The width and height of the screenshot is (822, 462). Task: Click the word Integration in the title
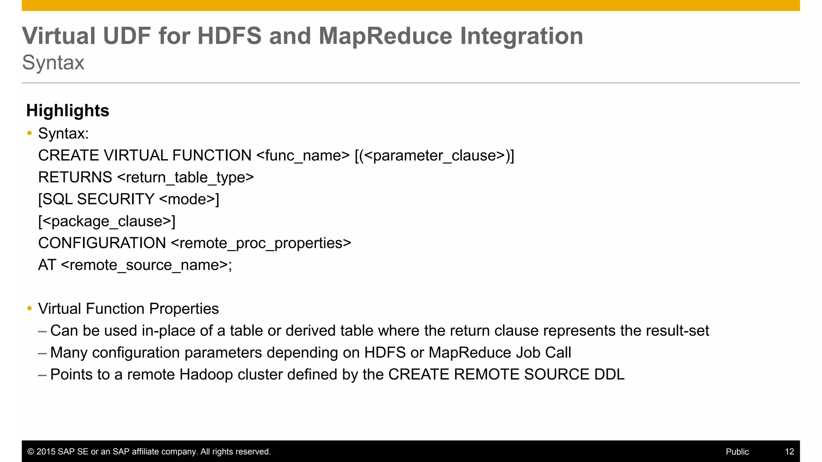(521, 36)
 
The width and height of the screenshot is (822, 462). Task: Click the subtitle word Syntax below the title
(53, 63)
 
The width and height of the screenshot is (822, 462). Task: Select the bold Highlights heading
(67, 111)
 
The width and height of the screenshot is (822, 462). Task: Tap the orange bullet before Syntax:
(29, 133)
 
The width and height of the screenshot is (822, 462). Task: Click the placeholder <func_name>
(303, 156)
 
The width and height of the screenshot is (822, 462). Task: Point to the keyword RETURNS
(75, 177)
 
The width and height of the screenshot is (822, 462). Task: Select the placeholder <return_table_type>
(185, 177)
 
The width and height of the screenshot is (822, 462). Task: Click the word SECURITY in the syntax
(116, 199)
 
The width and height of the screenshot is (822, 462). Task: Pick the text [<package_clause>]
(107, 221)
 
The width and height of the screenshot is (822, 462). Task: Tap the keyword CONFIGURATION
(102, 243)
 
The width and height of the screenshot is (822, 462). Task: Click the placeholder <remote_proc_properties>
(261, 243)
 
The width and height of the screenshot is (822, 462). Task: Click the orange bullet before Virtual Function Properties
(29, 308)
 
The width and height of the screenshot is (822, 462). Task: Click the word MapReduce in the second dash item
(470, 353)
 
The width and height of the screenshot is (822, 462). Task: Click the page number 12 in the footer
(789, 452)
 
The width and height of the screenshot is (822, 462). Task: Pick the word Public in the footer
(737, 452)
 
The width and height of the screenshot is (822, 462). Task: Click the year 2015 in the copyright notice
(46, 452)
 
